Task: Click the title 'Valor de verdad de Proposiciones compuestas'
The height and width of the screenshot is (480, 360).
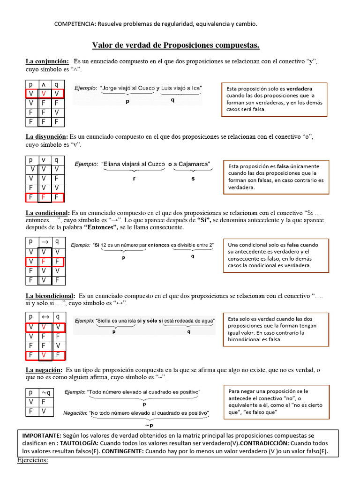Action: pos(175,45)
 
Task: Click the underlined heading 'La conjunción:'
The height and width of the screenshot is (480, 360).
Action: pos(47,61)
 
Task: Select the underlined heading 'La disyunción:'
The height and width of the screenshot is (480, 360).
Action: pos(47,136)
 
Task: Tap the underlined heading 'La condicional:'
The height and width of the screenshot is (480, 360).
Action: pos(47,212)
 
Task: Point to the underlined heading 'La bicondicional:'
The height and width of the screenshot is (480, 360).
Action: pos(50,296)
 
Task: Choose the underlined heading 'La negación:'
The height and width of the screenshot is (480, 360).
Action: pos(44,370)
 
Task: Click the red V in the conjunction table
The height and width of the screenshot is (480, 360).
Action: pos(44,94)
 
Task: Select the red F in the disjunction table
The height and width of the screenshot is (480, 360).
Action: pos(44,197)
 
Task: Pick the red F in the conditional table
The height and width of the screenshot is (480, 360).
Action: pos(44,261)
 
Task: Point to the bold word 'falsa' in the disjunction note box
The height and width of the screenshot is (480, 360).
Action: pos(283,166)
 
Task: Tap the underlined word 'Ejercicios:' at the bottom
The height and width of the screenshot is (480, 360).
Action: pos(33,460)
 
